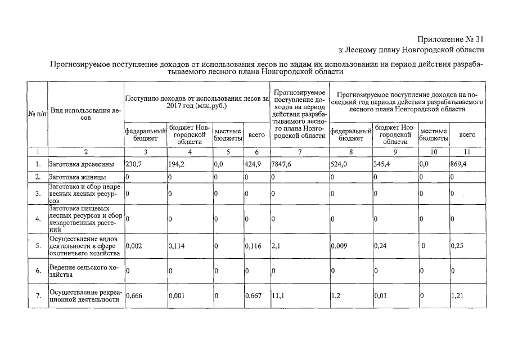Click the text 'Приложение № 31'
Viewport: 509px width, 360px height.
pos(451,39)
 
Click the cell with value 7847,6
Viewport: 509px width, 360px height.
pos(281,164)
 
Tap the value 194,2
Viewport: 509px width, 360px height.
pos(177,164)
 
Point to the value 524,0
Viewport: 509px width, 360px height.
pos(339,164)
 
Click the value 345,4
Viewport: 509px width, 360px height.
pos(383,164)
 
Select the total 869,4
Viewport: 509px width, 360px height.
pos(460,164)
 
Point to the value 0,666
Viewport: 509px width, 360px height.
pos(133,296)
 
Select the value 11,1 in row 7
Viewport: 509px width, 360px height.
pos(278,296)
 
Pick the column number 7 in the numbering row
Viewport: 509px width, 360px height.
pos(300,152)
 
